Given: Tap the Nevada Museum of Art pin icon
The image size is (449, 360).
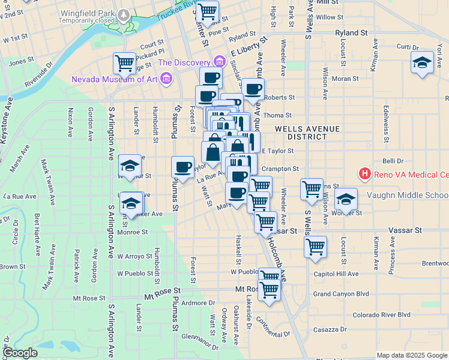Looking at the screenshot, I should pyautogui.click(x=167, y=79).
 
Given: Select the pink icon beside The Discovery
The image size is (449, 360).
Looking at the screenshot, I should pyautogui.click(x=218, y=62).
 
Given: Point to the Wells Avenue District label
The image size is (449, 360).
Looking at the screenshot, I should pyautogui.click(x=307, y=133).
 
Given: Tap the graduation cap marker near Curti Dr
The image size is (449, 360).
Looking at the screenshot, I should pyautogui.click(x=422, y=62).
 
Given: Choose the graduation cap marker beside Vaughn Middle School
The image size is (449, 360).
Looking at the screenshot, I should pyautogui.click(x=346, y=199).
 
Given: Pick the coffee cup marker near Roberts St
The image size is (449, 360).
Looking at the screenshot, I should pyautogui.click(x=253, y=89).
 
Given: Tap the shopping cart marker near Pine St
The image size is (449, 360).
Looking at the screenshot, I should pyautogui.click(x=207, y=11).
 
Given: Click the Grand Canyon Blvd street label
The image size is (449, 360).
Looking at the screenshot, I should pyautogui.click(x=341, y=294).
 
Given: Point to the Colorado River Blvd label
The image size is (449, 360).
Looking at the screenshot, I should pyautogui.click(x=381, y=314).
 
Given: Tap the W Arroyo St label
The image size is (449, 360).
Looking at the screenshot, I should pyautogui.click(x=135, y=256).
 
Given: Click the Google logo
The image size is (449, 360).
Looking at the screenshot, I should pyautogui.click(x=20, y=353).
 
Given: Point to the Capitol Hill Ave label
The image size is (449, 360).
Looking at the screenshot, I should pyautogui.click(x=336, y=274).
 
